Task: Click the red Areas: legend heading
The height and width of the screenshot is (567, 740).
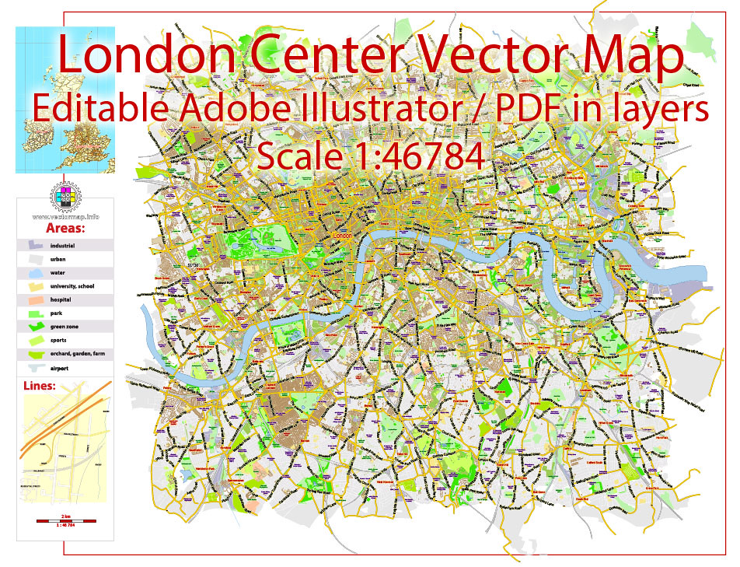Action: pyautogui.click(x=65, y=229)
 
